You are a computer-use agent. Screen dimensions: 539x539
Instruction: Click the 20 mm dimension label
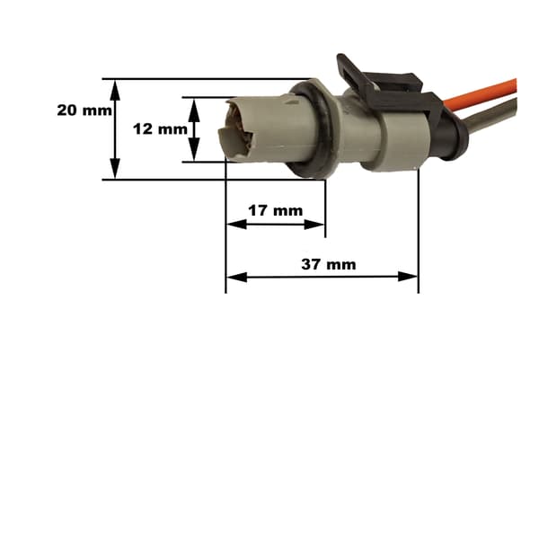pyautogui.click(x=84, y=110)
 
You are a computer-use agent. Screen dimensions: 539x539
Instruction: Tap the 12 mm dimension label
pyautogui.click(x=160, y=129)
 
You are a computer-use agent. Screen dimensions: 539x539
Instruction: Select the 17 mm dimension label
pyautogui.click(x=276, y=210)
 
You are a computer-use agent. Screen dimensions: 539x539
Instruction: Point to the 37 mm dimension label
pyautogui.click(x=329, y=264)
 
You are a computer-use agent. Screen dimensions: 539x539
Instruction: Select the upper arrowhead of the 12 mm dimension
pyautogui.click(x=194, y=110)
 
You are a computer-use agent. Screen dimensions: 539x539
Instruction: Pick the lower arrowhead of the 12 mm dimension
pyautogui.click(x=194, y=149)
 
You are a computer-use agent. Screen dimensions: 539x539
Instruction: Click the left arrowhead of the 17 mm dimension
pyautogui.click(x=237, y=225)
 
